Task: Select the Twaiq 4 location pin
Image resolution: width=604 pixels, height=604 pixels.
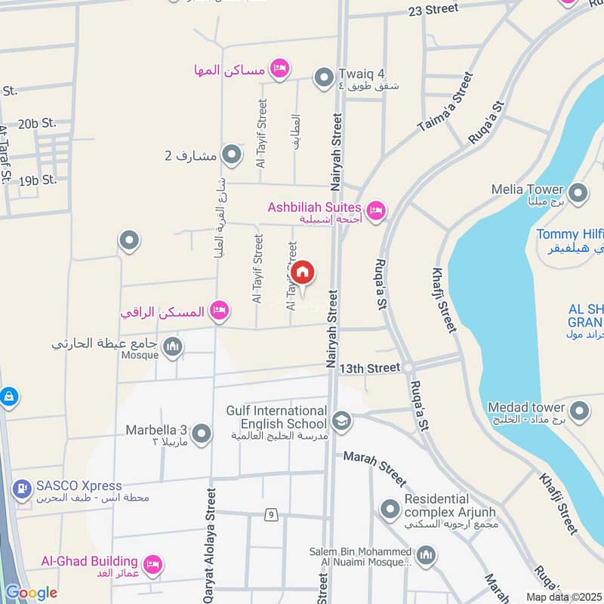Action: tap(324, 77)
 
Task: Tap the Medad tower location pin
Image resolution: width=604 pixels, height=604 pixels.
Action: tap(579, 411)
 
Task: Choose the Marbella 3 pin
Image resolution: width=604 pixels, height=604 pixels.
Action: tap(202, 434)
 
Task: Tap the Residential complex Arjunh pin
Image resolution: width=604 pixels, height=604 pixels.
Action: tap(390, 510)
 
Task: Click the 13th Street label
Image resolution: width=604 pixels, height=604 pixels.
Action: tap(369, 368)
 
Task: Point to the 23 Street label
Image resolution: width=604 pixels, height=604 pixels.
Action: tap(433, 9)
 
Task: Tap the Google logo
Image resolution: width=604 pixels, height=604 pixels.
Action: tap(30, 593)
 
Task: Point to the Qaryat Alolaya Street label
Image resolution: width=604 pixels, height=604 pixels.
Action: tap(210, 544)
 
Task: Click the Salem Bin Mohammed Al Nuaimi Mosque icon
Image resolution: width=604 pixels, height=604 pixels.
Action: tap(427, 556)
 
